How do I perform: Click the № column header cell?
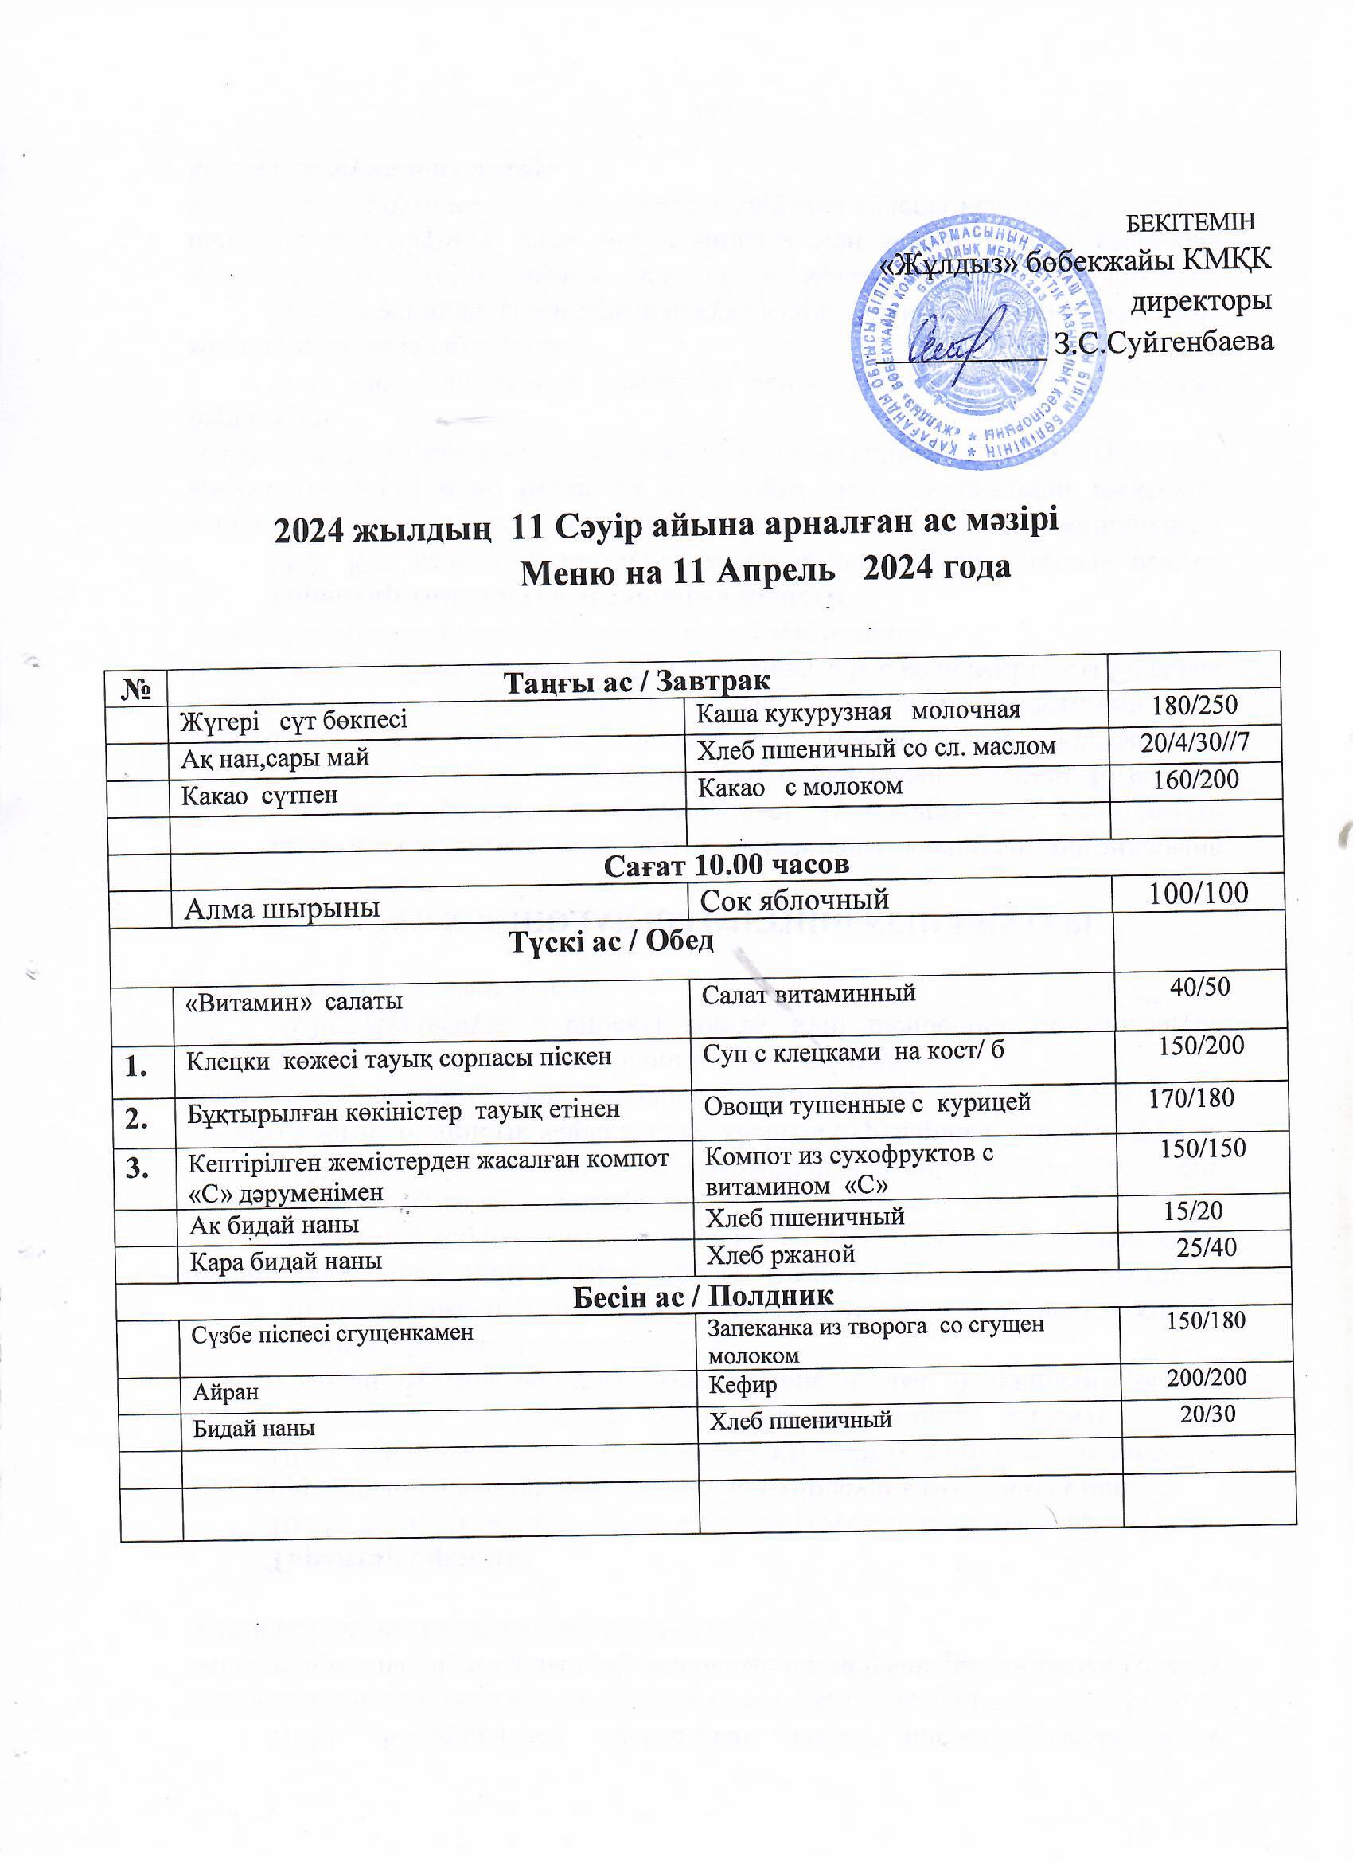[136, 687]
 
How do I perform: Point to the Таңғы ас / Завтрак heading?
[636, 682]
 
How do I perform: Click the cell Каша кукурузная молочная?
[858, 711]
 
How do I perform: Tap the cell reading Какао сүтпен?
[259, 795]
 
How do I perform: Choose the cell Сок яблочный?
[795, 900]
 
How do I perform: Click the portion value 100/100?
[1199, 894]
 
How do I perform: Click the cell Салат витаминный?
[808, 994]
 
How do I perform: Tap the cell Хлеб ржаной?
[780, 1254]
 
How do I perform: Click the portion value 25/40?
[1206, 1248]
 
